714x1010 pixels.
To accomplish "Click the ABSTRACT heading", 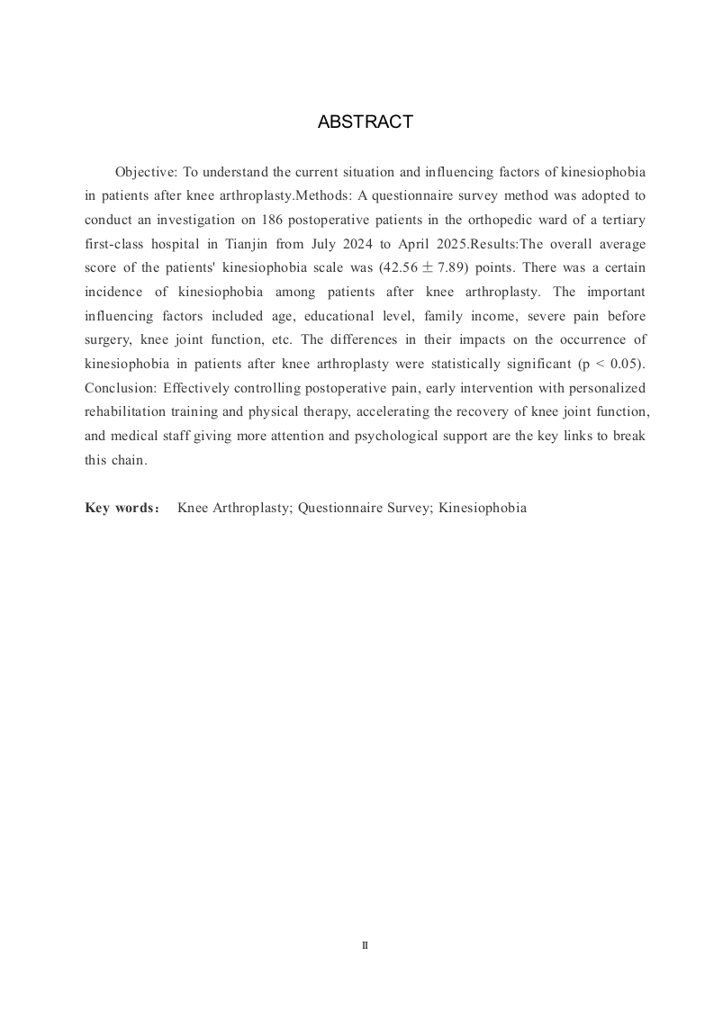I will coord(365,122).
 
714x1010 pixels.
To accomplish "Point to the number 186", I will coord(276,220).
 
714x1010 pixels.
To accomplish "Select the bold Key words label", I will coord(122,508).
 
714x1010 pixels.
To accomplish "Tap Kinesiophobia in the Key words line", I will coord(483,508).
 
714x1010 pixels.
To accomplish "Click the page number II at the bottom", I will coord(365,945).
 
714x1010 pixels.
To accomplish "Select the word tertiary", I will coord(623,220).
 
